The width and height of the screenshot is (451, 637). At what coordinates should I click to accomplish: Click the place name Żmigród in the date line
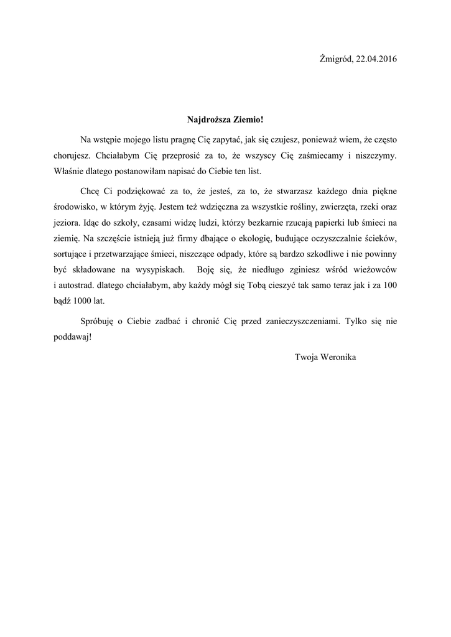(337, 59)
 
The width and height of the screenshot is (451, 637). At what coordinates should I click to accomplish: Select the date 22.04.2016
(376, 59)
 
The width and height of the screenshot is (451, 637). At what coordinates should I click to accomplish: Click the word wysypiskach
(160, 270)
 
